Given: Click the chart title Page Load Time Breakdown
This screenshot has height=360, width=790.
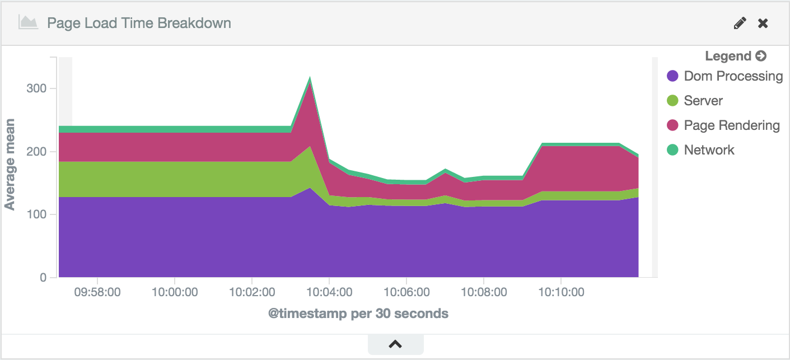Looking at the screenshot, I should [139, 23].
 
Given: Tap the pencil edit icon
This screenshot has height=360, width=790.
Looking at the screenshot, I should [740, 23].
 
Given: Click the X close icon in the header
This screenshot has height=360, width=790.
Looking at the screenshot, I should [763, 23].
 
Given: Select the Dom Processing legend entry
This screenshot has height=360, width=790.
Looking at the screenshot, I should [733, 76].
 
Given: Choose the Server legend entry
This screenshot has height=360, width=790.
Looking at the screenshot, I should [703, 101].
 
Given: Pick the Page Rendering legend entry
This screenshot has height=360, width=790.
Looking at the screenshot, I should [731, 125].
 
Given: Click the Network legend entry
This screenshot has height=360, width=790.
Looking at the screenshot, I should [709, 150].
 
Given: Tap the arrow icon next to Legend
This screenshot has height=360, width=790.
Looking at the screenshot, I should [760, 56].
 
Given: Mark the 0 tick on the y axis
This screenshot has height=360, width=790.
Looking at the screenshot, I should [43, 278].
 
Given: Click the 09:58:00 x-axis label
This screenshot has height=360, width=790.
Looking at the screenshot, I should [97, 292].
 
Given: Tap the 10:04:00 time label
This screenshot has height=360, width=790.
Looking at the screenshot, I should [329, 292].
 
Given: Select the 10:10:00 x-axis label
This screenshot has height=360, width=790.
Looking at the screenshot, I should [561, 292].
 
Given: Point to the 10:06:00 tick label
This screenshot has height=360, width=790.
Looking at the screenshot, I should [406, 292].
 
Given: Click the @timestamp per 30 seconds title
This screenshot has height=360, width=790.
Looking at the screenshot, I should [358, 314].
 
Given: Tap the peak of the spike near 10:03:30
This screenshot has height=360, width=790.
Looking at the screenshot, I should [310, 78].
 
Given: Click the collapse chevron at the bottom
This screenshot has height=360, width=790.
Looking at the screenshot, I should [395, 344].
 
